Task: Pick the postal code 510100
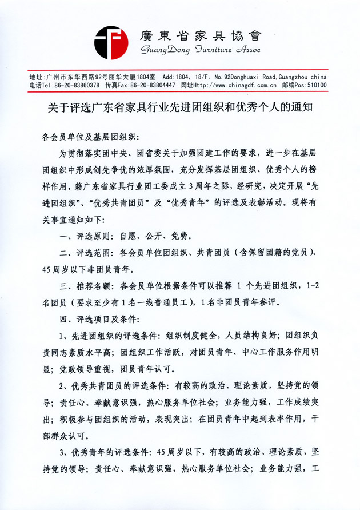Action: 315,85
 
